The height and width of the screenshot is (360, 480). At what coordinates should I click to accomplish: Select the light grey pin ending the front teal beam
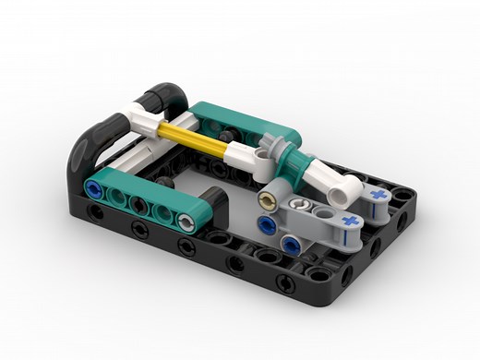pos(187,220)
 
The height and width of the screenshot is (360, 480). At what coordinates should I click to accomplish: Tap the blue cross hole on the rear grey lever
pos(378,196)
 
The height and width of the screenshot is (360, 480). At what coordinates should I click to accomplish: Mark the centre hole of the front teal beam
pos(139,206)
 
